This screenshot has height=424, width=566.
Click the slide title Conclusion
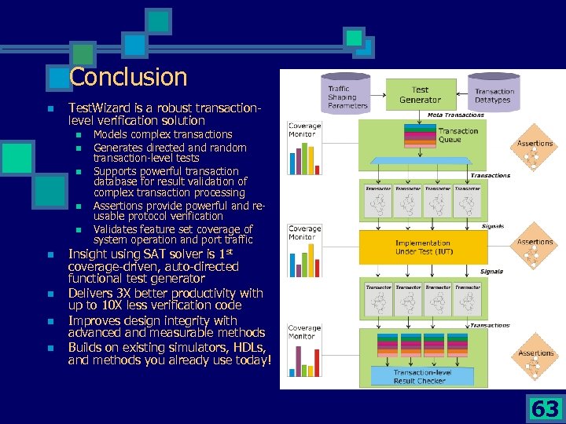128,77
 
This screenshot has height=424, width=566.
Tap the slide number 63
545,409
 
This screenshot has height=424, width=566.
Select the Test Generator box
420,95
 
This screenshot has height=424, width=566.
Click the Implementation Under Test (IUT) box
423,247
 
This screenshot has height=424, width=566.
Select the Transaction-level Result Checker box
423,376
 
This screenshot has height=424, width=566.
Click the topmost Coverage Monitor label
303,130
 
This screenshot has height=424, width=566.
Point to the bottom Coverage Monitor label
303,332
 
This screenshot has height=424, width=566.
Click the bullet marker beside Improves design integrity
49,321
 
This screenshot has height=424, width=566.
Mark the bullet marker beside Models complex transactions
79,135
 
